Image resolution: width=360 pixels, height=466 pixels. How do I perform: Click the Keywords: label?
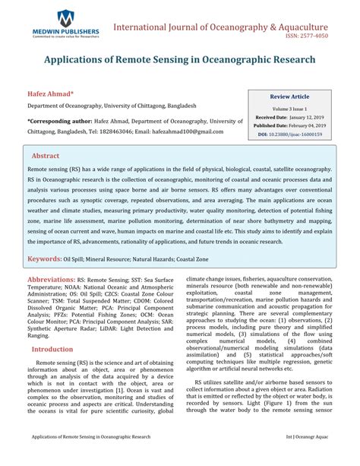pos(45,259)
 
